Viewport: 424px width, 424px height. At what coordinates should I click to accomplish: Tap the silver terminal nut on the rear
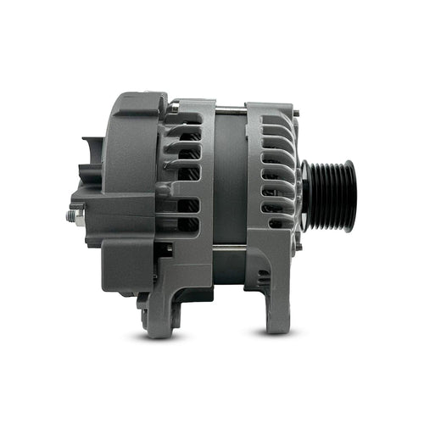tap(71, 215)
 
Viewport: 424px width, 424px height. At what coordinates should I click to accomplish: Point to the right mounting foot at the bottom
tap(280, 314)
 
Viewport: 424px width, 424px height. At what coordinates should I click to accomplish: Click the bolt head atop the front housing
tap(295, 112)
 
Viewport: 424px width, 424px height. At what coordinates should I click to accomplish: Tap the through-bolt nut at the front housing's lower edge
tap(296, 247)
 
